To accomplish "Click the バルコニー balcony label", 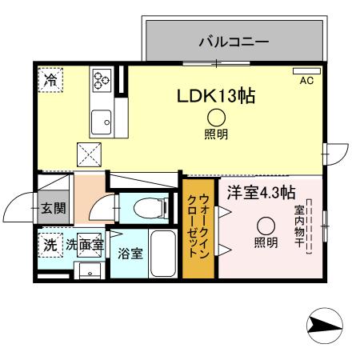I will (x=234, y=39).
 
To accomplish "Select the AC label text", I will (x=306, y=81).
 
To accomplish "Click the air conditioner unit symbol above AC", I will (x=306, y=71).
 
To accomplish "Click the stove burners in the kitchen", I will (x=102, y=79).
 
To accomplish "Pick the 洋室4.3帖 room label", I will (x=261, y=193).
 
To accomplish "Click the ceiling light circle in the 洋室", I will (x=266, y=226).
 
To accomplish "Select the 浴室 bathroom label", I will (x=130, y=254).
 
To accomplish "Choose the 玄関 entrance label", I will (x=54, y=210).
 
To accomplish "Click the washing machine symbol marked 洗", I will (x=50, y=245).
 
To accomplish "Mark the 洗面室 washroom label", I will (x=84, y=246).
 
